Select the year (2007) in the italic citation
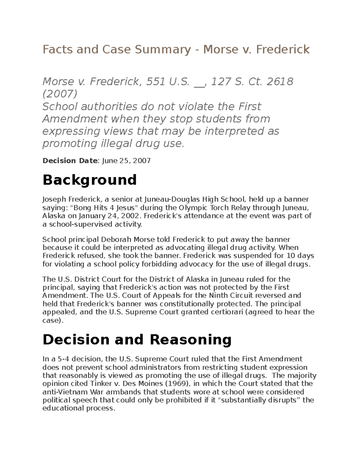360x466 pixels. pos(60,94)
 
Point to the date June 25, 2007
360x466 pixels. pos(126,161)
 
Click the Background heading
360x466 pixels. pos(90,180)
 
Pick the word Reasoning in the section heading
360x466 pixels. pos(190,340)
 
